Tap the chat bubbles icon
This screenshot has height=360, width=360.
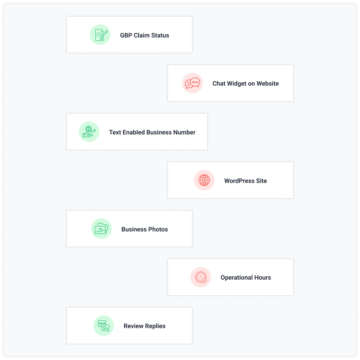click(x=192, y=83)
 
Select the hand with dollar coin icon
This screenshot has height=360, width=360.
click(x=89, y=132)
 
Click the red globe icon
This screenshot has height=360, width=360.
click(x=204, y=180)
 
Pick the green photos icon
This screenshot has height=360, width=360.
click(x=101, y=229)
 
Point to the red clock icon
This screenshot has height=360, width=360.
click(x=201, y=277)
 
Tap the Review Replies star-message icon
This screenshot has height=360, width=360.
click(x=104, y=326)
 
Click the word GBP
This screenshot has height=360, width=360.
click(x=126, y=35)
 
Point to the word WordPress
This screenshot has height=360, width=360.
click(x=239, y=181)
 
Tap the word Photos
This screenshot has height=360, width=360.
click(x=158, y=229)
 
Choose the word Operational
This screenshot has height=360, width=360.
click(x=237, y=278)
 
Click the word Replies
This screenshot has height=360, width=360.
click(x=155, y=326)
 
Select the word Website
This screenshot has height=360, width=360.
click(x=268, y=84)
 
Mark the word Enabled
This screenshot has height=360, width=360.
click(x=134, y=132)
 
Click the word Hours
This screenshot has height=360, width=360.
click(x=263, y=278)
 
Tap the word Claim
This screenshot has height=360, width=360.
click(x=142, y=35)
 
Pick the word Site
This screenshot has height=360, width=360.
click(x=261, y=181)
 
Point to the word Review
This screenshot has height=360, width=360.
click(x=133, y=326)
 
